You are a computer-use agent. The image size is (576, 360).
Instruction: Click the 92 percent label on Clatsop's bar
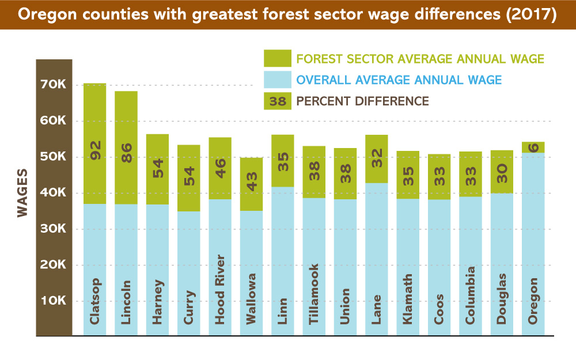[x=95, y=150]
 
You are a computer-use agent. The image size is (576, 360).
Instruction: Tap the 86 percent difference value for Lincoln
[x=126, y=153]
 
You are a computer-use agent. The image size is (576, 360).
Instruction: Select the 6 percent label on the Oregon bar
[x=533, y=147]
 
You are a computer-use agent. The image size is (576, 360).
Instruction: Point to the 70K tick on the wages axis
[x=53, y=85]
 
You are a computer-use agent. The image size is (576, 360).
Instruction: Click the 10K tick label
[x=53, y=301]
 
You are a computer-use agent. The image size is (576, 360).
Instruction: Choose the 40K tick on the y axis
[x=53, y=192]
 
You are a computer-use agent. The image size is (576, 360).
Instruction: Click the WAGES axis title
[x=22, y=193]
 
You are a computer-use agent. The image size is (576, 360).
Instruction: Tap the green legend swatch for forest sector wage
[x=278, y=58]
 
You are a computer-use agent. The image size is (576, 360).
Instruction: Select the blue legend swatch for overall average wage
[x=278, y=79]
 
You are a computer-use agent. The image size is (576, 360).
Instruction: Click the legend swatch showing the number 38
[x=278, y=101]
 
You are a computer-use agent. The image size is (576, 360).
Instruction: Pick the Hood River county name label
[x=219, y=290]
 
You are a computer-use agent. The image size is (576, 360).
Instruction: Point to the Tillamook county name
[x=314, y=294]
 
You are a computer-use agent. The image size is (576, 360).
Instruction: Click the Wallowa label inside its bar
[x=251, y=298]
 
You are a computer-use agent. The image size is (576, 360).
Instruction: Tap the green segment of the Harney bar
[x=158, y=169]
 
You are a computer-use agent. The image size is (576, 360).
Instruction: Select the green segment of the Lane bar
[x=377, y=159]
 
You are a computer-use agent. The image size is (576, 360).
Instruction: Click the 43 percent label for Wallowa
[x=252, y=182]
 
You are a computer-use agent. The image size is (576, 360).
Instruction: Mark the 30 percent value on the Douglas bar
[x=502, y=173]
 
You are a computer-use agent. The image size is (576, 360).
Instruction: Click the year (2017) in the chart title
[x=532, y=14]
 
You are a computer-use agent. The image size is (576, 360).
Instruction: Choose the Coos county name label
[x=439, y=309]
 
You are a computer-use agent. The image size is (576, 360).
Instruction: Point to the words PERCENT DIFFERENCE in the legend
[x=362, y=101]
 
